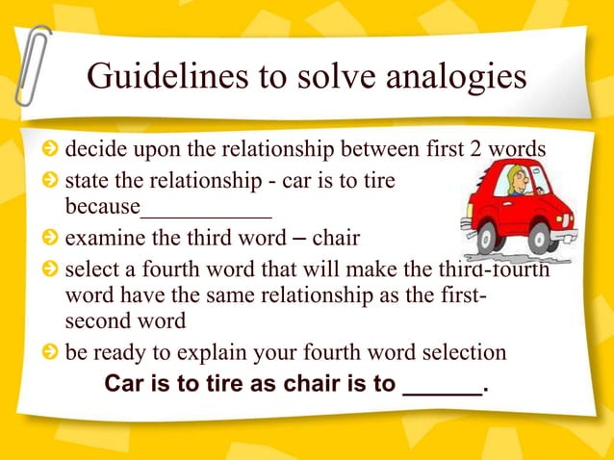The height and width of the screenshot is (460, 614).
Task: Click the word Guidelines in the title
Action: [x=153, y=78]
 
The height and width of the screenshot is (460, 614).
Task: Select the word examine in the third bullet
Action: [x=100, y=240]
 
